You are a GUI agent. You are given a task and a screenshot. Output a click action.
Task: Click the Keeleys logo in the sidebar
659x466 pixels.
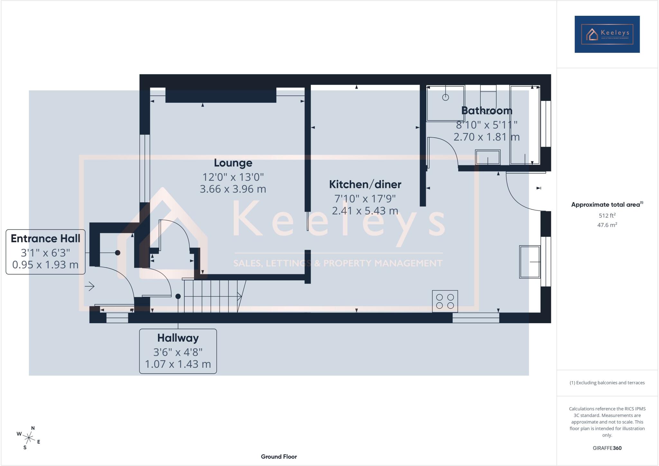[x=607, y=34]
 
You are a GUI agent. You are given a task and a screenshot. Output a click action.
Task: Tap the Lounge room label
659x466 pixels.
[x=233, y=163]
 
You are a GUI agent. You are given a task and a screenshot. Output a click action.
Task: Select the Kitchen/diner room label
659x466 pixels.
[x=365, y=184]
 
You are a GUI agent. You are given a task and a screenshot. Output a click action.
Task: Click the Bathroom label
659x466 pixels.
[x=487, y=111]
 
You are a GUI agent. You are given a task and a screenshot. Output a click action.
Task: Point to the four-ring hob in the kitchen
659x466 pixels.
[x=445, y=301]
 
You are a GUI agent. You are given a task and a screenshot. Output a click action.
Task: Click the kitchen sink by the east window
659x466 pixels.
[x=530, y=262]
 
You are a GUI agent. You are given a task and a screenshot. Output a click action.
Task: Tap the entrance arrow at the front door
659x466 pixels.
[x=89, y=286]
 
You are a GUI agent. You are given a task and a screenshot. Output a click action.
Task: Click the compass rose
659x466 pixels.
[x=29, y=438]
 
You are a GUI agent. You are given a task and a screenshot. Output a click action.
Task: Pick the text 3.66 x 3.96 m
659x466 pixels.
[x=233, y=189]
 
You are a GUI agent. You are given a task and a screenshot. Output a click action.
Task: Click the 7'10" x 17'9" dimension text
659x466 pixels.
[x=365, y=199]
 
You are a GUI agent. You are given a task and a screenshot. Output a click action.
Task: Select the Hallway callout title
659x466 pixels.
[x=178, y=338]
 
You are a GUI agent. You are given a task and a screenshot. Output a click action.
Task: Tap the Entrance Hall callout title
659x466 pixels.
[x=45, y=238]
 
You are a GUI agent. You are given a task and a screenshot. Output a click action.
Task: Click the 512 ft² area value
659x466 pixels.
[x=607, y=216]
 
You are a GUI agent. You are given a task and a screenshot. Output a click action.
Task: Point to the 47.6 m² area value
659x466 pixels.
[x=607, y=225]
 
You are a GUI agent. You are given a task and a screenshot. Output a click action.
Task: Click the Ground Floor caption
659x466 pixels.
[x=279, y=457]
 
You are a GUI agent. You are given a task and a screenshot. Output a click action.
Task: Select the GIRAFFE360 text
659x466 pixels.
[x=607, y=448]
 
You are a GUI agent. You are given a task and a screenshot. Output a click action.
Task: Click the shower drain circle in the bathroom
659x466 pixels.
[x=445, y=97]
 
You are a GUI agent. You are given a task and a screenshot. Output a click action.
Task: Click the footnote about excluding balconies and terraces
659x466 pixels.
[x=607, y=383]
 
